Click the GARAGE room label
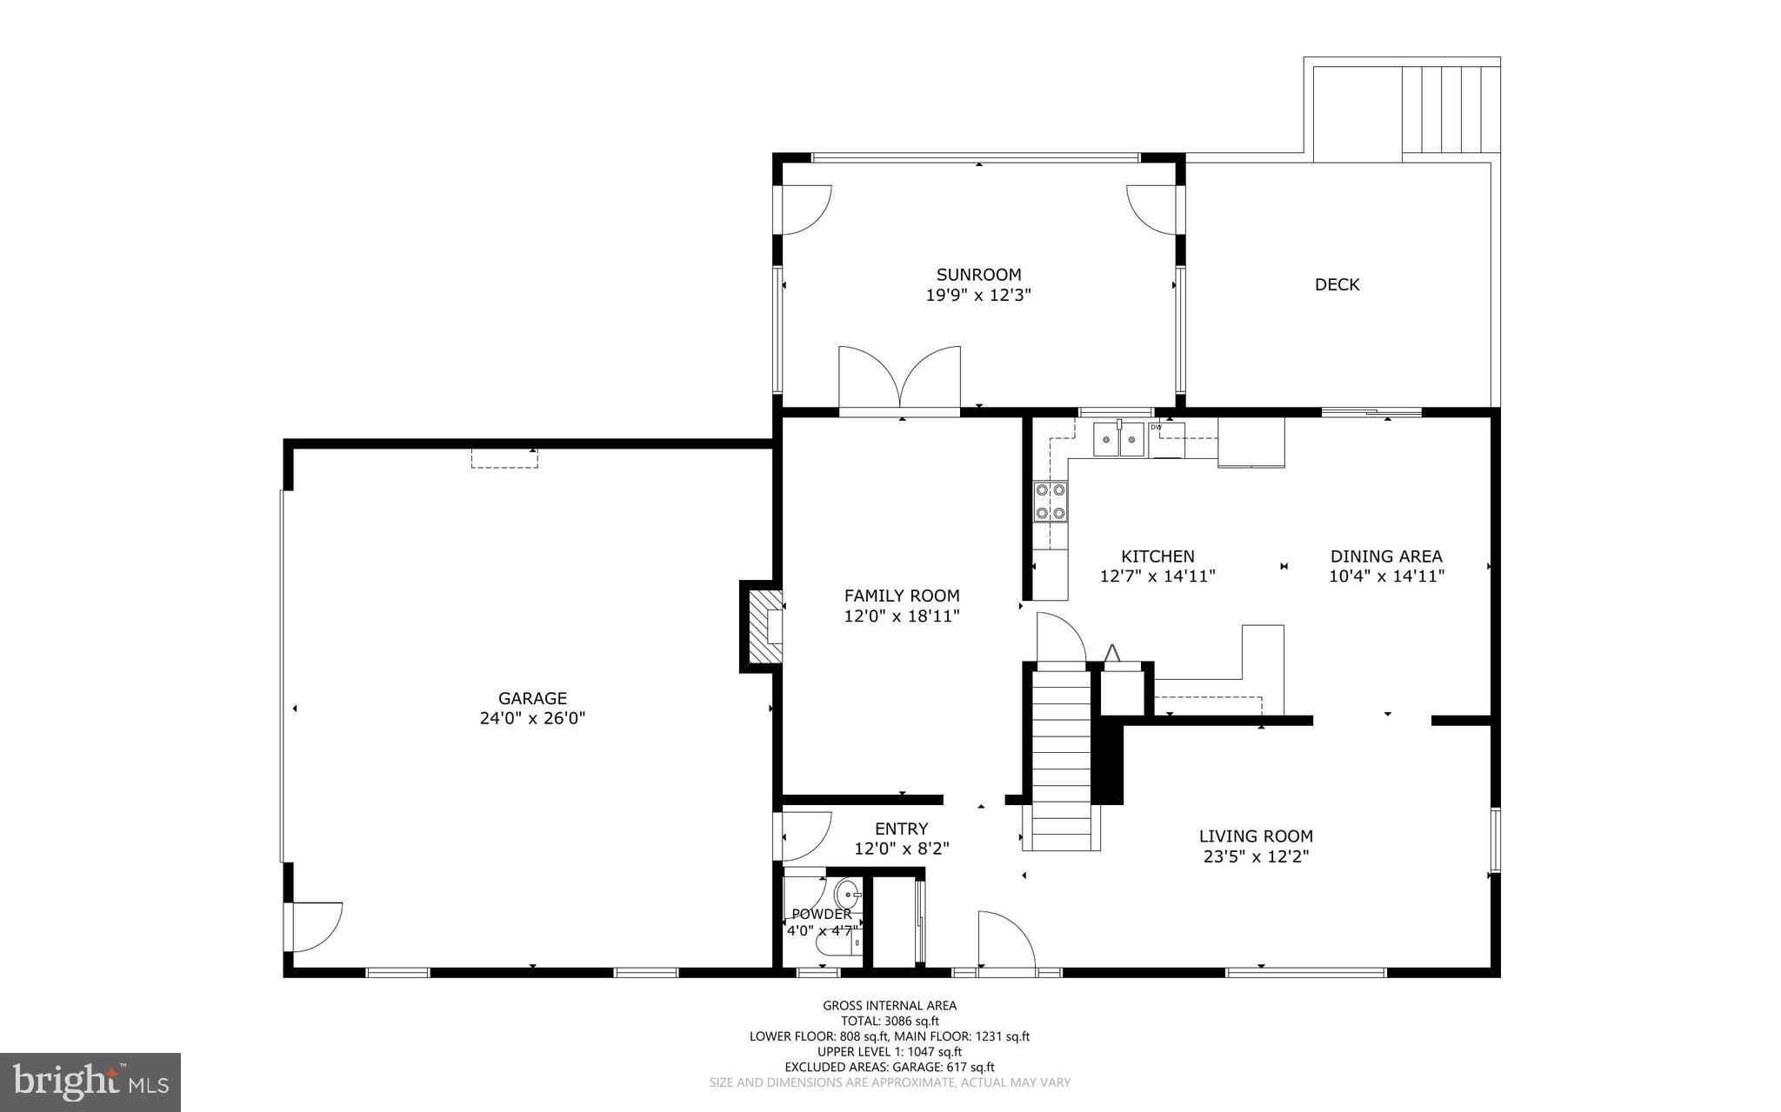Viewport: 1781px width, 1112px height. pyautogui.click(x=532, y=698)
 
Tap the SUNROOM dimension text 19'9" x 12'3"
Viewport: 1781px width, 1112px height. pyautogui.click(x=978, y=295)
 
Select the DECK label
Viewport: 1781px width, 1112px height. pyautogui.click(x=1337, y=284)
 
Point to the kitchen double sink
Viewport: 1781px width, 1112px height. pyautogui.click(x=1118, y=440)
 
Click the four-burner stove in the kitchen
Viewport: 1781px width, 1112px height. pyautogui.click(x=1050, y=502)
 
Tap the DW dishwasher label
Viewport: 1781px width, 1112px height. pyautogui.click(x=1156, y=427)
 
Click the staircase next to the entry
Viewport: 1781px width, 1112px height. pyautogui.click(x=1060, y=756)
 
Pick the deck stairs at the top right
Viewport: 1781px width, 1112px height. pyautogui.click(x=1451, y=109)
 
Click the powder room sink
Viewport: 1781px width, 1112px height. pyautogui.click(x=848, y=894)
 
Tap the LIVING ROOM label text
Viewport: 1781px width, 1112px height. pyautogui.click(x=1256, y=836)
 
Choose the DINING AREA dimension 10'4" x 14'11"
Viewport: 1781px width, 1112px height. pyautogui.click(x=1386, y=576)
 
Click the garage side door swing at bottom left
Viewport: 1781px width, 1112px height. pyautogui.click(x=315, y=927)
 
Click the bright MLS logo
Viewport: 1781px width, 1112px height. pyautogui.click(x=90, y=1082)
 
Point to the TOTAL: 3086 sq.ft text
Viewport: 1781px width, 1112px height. pyautogui.click(x=890, y=1022)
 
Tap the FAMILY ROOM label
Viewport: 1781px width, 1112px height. pyautogui.click(x=902, y=596)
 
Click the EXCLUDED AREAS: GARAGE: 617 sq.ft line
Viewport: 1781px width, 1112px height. pyautogui.click(x=890, y=1067)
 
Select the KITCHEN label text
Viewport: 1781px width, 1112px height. pyautogui.click(x=1157, y=556)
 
